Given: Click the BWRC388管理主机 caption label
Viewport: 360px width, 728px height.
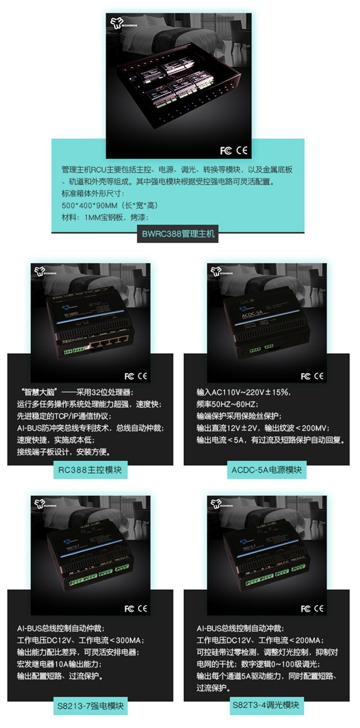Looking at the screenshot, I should tap(179, 235).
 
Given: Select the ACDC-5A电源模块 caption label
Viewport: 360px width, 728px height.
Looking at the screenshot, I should tap(268, 471).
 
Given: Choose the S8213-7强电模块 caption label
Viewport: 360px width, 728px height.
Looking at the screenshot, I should tap(90, 707).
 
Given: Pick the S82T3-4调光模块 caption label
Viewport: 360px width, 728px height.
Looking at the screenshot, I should tap(268, 705).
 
